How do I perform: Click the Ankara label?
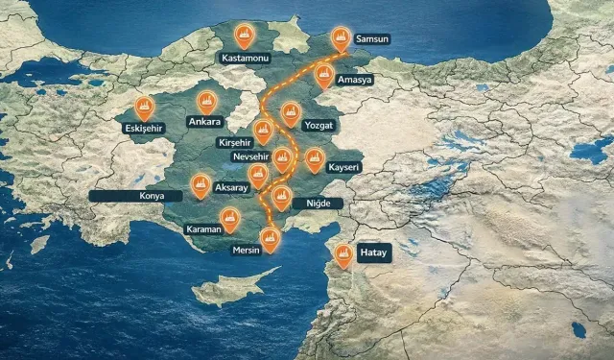click(205, 122)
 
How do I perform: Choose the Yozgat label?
click(318, 125)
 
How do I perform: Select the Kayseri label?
click(343, 167)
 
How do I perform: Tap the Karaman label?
click(203, 230)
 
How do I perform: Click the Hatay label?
click(372, 253)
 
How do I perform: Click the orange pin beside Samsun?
click(341, 37)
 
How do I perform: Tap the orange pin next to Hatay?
click(342, 253)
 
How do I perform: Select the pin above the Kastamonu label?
click(246, 35)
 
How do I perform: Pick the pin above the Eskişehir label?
click(144, 106)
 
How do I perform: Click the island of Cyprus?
click(230, 288)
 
